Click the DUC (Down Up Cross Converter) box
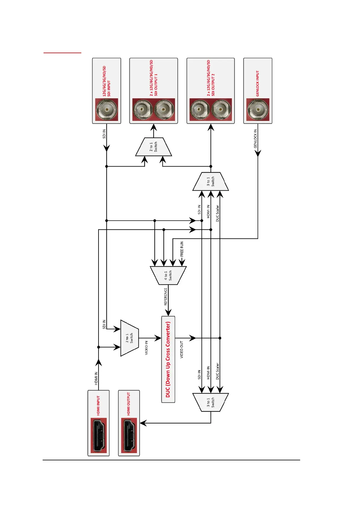[x=168, y=359]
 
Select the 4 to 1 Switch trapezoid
[x=168, y=275]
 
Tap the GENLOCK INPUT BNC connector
[x=258, y=110]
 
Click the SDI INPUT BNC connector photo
[x=106, y=110]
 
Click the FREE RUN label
[x=182, y=249]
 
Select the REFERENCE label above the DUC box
[x=165, y=297]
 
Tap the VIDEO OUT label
[x=182, y=349]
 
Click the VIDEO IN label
[x=147, y=348]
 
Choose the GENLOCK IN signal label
[x=255, y=138]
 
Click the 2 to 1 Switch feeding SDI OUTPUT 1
[x=154, y=147]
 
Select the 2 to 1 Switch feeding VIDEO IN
[x=129, y=338]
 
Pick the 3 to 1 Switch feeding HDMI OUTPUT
[x=210, y=402]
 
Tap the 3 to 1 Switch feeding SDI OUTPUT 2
[x=210, y=181]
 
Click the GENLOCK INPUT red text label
[x=258, y=83]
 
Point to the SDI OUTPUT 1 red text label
[x=154, y=78]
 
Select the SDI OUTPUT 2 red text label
[x=211, y=78]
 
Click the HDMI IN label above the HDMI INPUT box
[x=96, y=378]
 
